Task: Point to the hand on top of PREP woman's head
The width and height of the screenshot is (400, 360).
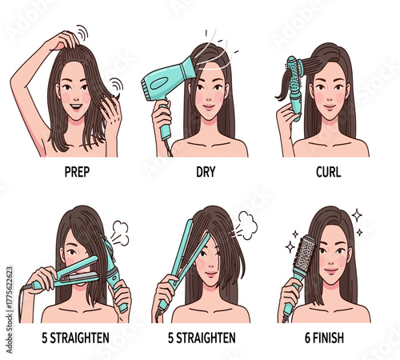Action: click(x=65, y=39)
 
